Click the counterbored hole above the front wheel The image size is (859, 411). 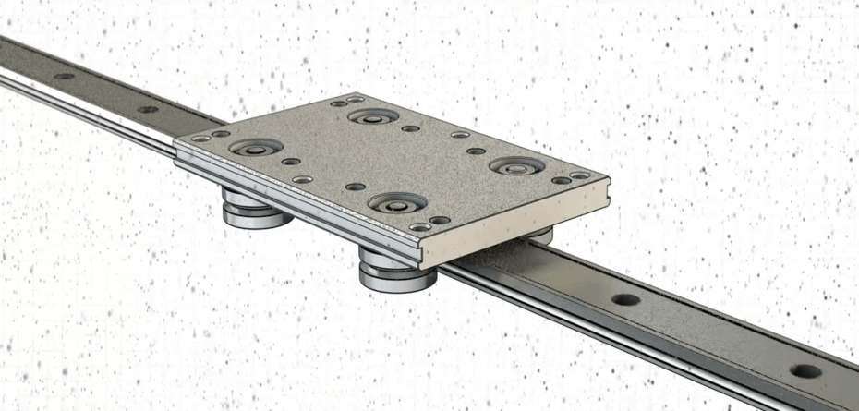pos(395,202)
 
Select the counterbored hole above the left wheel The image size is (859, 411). pos(255,148)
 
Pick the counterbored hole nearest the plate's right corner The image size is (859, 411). pos(516,166)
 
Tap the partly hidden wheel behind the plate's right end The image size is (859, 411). pos(540,235)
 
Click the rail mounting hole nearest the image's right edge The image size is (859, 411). pos(805,371)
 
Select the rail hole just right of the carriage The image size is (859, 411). pos(625,300)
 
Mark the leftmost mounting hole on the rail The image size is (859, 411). pos(64,77)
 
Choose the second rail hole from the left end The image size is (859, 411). pos(148,109)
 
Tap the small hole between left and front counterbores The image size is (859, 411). pos(356,187)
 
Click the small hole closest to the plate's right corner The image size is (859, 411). pos(579,175)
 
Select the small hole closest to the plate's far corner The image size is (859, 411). pos(356,99)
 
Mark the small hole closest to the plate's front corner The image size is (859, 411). pos(420,227)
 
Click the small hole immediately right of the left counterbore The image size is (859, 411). pos(291,161)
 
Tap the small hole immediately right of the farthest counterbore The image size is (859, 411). pos(410,128)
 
